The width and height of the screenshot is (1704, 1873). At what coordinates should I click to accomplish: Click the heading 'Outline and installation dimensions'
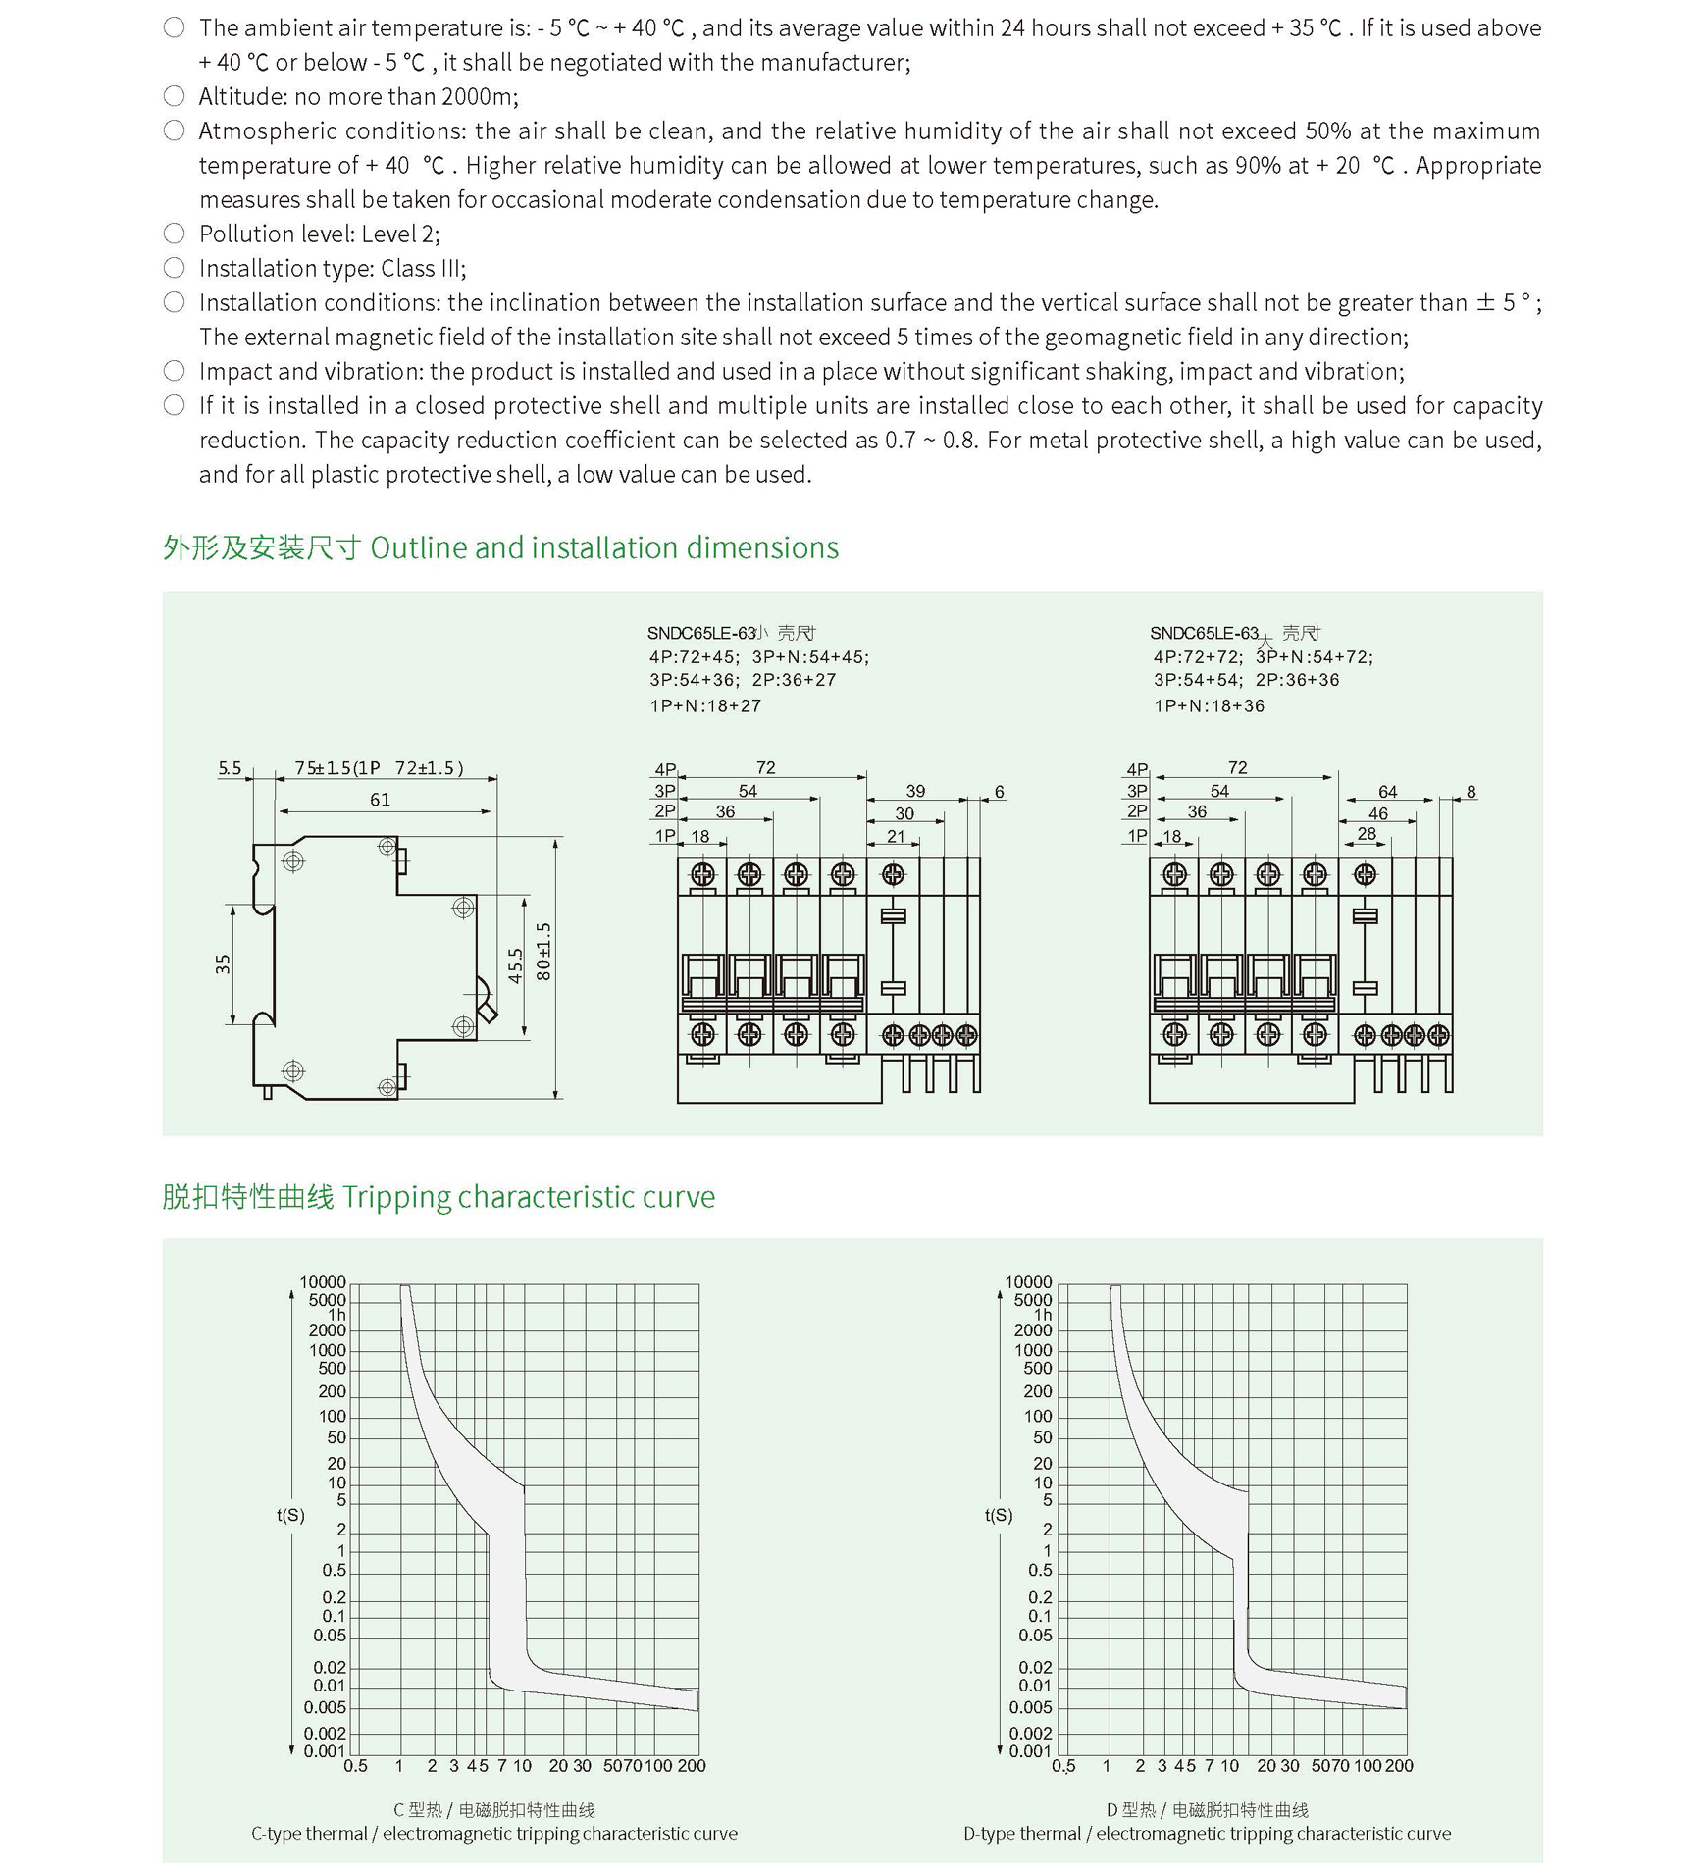(603, 547)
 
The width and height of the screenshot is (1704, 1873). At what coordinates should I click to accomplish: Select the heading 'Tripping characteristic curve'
(528, 1197)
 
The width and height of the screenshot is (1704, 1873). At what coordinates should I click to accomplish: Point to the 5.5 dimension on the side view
(230, 768)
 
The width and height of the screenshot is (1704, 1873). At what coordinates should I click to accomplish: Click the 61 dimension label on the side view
(381, 800)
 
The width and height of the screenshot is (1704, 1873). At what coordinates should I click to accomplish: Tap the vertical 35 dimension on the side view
(224, 963)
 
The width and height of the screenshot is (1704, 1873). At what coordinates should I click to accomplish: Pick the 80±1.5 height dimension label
(544, 952)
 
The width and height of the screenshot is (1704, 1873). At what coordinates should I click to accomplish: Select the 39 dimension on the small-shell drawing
(915, 791)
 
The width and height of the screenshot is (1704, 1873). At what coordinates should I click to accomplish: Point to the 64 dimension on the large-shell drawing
(1387, 792)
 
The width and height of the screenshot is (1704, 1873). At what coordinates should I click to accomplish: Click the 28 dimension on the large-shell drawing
(1367, 834)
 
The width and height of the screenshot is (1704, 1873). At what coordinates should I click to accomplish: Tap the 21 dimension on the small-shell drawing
(896, 836)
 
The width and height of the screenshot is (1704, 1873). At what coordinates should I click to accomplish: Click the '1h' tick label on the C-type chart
(336, 1315)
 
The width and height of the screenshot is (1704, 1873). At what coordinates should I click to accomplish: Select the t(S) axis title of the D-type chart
(999, 1515)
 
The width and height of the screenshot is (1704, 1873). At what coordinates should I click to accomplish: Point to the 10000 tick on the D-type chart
(1028, 1282)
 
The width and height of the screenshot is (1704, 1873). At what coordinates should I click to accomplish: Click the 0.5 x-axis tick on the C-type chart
(355, 1766)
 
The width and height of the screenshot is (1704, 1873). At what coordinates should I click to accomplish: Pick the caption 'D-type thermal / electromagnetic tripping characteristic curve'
(1207, 1834)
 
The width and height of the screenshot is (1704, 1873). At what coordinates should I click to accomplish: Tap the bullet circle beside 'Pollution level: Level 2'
(175, 234)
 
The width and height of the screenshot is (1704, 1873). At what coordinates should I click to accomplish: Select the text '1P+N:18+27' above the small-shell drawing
(705, 705)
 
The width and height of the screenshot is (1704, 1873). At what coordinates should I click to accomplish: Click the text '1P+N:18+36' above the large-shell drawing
(1209, 705)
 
